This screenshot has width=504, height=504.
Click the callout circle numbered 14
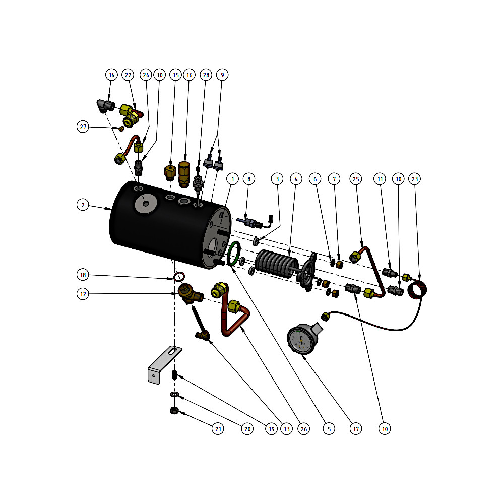(112, 75)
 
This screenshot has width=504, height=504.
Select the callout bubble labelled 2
(83, 205)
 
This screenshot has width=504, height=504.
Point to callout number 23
(415, 179)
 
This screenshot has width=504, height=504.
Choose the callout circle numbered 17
(356, 429)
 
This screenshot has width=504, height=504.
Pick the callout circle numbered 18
(83, 275)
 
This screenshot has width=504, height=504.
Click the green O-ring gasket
(234, 253)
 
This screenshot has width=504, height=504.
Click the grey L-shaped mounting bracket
(161, 365)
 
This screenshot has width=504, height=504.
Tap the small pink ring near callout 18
(178, 277)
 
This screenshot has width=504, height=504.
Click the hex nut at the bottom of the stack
(174, 411)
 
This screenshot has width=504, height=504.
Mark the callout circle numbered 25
(356, 179)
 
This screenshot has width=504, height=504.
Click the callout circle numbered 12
(83, 293)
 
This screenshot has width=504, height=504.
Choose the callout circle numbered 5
(328, 429)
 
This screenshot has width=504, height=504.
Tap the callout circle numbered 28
(206, 75)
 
